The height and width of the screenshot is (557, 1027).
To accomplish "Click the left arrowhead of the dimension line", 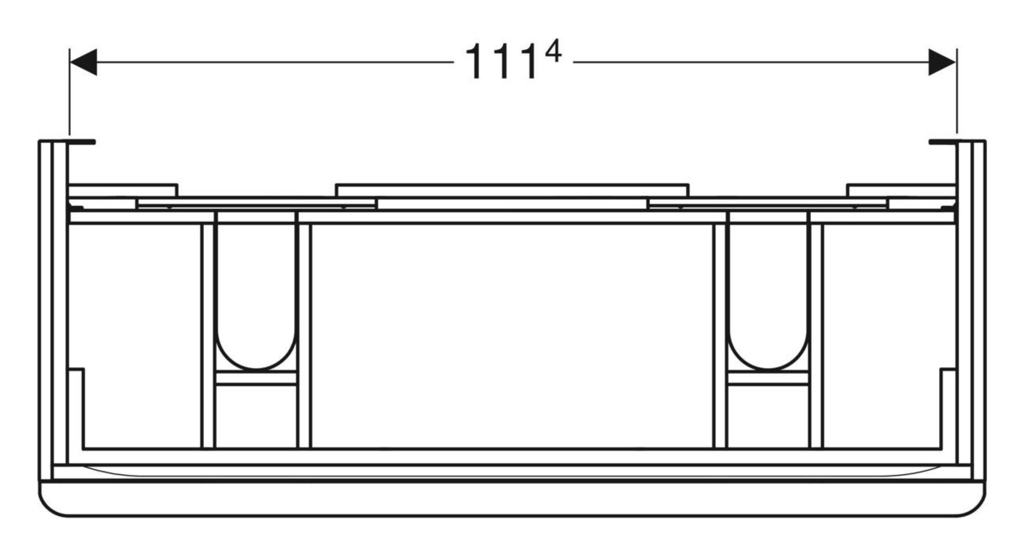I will tap(83, 62).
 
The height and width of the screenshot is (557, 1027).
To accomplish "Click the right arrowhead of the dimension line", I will tap(942, 62).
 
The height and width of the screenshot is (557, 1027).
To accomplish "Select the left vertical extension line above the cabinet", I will tap(70, 91).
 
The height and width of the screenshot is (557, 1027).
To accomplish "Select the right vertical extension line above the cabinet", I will tap(957, 91).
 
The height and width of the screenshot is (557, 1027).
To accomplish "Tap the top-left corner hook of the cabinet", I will tap(80, 142).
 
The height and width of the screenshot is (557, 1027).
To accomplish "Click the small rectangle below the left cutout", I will tap(256, 378).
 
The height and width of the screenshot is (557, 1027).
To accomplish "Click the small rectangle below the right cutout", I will tap(769, 378).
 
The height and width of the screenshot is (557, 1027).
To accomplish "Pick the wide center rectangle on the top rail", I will tap(512, 190).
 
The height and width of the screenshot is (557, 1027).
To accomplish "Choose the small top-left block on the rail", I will tap(123, 190).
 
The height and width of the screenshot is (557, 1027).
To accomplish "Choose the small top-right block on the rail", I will tap(901, 190).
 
